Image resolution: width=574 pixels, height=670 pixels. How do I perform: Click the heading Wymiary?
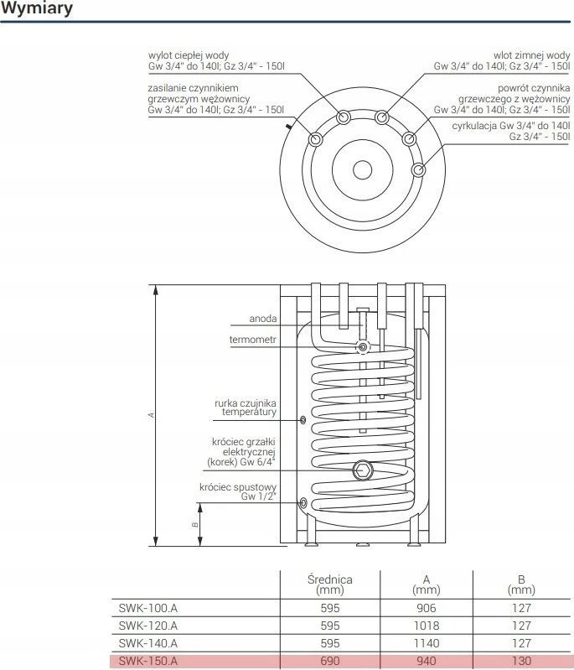coord(37,8)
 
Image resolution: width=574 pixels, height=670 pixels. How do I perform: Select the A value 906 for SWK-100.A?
coord(427,608)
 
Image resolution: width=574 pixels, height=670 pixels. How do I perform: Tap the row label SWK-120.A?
coord(147,626)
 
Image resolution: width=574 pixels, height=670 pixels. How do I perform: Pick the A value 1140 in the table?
coord(427,643)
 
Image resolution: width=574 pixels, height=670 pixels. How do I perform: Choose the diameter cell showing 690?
coord(330,661)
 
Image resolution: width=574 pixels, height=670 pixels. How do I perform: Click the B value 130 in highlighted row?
coord(521,661)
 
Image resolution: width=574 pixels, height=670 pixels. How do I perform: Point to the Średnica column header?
coord(330,584)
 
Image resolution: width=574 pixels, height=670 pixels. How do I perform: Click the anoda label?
coord(263,319)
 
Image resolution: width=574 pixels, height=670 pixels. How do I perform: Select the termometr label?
coord(253,340)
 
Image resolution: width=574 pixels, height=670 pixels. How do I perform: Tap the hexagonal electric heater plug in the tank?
coord(363,470)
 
